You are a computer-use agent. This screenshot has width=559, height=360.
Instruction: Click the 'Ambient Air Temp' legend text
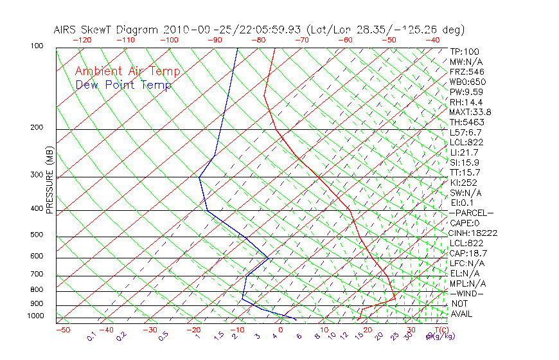point(127,71)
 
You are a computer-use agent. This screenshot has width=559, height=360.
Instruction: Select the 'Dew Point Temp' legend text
point(123,85)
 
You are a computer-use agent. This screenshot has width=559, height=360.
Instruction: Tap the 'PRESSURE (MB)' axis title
point(49,183)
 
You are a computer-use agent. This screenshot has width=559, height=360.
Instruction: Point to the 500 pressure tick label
point(36,235)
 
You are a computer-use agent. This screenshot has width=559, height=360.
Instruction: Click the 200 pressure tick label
point(36,127)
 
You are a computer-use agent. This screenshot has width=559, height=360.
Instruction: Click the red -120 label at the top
point(82,40)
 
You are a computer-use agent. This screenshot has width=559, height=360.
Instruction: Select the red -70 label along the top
point(301,40)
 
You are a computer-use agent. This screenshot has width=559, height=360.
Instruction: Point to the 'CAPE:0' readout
point(465,222)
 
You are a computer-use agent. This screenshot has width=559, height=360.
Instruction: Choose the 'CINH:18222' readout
point(474,233)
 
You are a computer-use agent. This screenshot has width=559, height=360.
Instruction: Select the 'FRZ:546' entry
point(467,71)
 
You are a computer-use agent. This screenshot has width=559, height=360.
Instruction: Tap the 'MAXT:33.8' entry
point(469,112)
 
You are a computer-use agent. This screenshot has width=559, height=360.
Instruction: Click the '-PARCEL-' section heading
point(471,213)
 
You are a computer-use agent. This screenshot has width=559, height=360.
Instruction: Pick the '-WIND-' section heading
point(466,293)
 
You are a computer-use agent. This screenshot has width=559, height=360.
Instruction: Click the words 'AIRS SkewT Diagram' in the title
point(107,30)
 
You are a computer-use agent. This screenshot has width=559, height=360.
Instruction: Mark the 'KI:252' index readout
point(463,183)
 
